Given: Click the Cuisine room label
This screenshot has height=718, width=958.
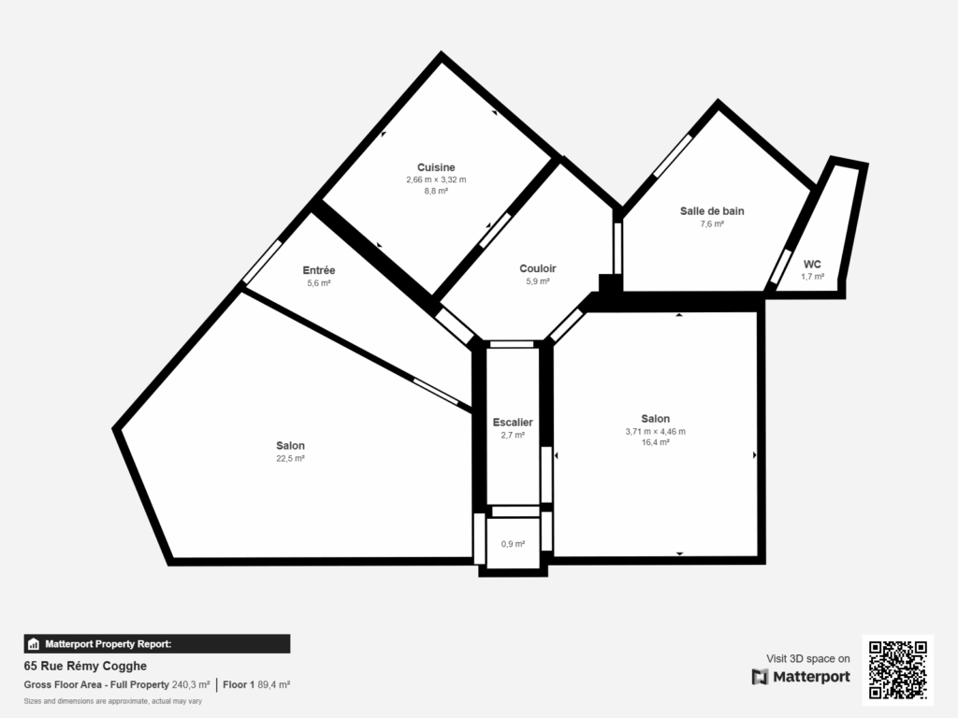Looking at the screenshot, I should (x=436, y=168).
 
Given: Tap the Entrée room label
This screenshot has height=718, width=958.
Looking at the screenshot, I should (x=320, y=270).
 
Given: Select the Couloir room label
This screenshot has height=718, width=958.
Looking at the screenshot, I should (x=538, y=268).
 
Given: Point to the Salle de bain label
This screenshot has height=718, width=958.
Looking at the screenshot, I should (x=712, y=211).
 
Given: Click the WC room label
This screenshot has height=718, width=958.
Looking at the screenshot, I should (x=812, y=265).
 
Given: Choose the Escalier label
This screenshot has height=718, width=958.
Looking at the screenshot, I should (x=513, y=423).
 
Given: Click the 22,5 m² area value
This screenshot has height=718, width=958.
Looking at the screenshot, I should (x=290, y=458).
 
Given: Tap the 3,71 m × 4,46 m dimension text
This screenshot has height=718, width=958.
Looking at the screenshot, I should (x=655, y=431).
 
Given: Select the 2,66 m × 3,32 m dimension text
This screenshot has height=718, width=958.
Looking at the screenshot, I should (x=436, y=179).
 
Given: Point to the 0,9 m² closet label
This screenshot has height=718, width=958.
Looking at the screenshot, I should (x=513, y=544).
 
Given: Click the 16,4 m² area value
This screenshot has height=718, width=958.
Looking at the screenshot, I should (x=655, y=442).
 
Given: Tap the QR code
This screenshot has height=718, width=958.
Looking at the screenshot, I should (x=898, y=669).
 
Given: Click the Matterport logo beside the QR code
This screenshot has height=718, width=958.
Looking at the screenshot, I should (x=801, y=676).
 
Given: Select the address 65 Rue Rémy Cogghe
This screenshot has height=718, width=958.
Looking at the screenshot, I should (x=85, y=667).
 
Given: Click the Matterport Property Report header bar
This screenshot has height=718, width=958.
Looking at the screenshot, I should (x=156, y=643).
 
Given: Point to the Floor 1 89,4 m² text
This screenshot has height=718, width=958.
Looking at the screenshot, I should (x=256, y=685).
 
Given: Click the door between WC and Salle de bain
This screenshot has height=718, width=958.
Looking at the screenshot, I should (x=779, y=269).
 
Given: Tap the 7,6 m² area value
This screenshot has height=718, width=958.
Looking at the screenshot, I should (x=712, y=223).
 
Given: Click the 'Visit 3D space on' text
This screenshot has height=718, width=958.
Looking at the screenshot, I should (x=808, y=658).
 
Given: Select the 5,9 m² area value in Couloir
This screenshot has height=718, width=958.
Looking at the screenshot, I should (x=538, y=280).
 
